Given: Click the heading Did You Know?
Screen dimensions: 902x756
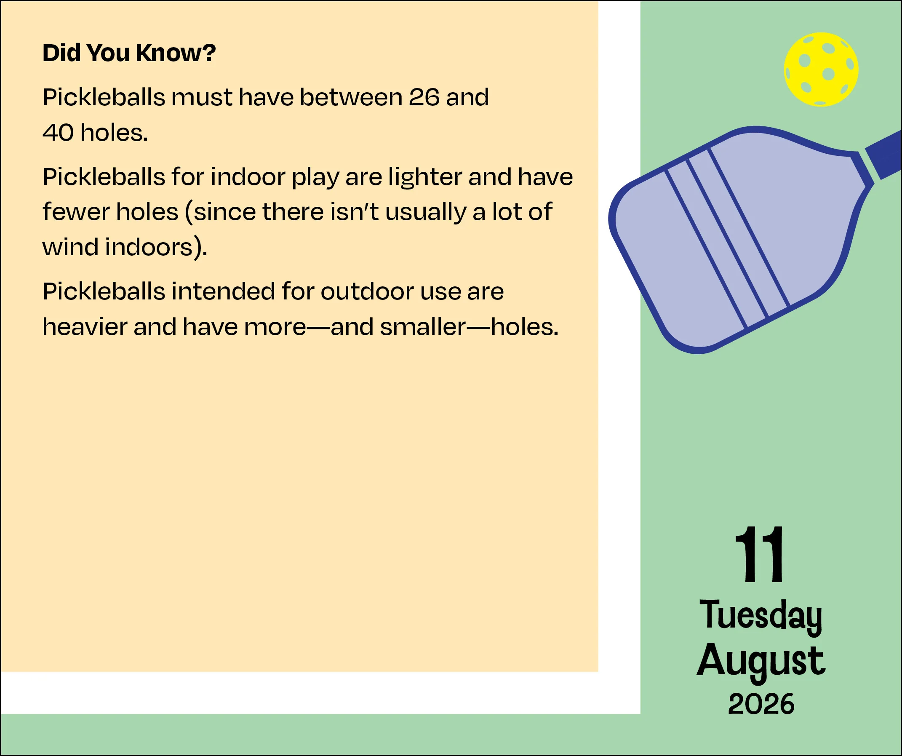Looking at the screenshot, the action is (x=129, y=53).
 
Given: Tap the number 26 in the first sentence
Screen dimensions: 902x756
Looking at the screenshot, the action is (x=424, y=97).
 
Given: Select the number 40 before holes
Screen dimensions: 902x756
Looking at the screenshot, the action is (x=58, y=132).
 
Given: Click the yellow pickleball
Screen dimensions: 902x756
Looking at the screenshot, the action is (x=821, y=69).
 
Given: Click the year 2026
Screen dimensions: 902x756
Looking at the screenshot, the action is (x=761, y=704).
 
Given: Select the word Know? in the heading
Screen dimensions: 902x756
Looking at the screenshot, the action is (x=176, y=53).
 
